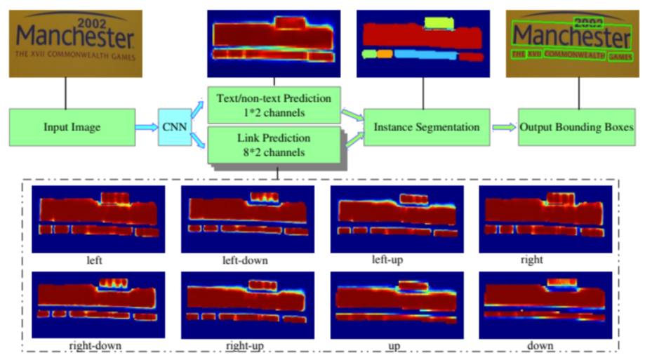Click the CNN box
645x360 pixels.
tap(173, 128)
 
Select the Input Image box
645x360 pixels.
tap(72, 128)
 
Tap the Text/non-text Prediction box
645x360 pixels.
tap(274, 102)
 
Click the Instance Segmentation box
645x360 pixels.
tap(426, 128)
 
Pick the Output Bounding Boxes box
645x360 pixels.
tap(576, 128)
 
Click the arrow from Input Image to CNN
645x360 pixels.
tap(147, 128)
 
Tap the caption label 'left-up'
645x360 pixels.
tap(387, 260)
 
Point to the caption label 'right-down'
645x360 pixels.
tap(95, 346)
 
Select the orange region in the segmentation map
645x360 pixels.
tap(385, 53)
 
